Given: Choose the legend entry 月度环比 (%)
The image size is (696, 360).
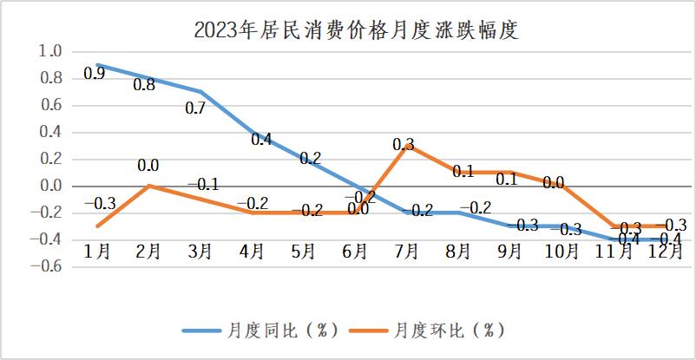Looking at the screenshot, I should (448, 331).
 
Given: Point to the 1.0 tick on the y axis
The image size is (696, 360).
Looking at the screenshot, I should (51, 51).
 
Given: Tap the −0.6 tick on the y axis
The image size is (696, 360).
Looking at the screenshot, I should (49, 266).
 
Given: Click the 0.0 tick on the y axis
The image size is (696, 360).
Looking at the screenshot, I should (51, 186).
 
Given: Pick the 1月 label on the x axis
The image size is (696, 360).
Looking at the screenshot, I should (96, 251).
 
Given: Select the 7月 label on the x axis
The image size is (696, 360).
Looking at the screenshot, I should (406, 251).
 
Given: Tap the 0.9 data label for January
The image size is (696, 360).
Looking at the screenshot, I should (94, 74).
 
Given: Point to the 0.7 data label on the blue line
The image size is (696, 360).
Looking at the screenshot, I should (196, 109).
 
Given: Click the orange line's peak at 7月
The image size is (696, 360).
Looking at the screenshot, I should (406, 146).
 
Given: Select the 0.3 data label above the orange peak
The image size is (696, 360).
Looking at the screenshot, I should (403, 145).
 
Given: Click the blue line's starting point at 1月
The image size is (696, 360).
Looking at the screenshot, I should (97, 65).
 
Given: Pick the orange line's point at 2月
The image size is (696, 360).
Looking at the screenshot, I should (148, 186).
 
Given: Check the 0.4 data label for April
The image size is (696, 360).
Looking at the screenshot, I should (260, 139).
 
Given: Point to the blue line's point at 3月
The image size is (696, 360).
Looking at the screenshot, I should (200, 92).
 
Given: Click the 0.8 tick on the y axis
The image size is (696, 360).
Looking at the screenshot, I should (51, 78).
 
